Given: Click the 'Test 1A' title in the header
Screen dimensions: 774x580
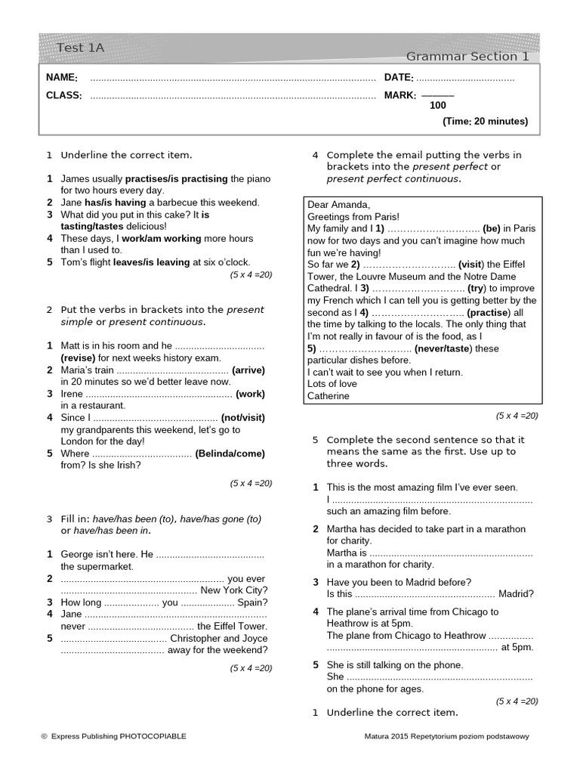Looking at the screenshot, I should (80, 48).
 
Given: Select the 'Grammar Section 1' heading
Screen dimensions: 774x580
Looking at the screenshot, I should (467, 56).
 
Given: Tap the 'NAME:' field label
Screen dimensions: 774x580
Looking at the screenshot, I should (61, 78).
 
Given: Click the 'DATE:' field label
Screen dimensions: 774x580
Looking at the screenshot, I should (399, 78).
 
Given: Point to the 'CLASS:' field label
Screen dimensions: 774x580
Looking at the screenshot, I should (63, 95).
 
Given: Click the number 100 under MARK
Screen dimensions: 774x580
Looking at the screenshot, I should (438, 106).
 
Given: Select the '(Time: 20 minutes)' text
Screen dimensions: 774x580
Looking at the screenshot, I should (486, 122).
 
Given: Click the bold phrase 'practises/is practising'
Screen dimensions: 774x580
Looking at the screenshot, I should (176, 179).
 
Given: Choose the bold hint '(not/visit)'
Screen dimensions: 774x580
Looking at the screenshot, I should (243, 417).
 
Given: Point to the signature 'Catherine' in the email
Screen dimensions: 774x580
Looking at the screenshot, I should (329, 395).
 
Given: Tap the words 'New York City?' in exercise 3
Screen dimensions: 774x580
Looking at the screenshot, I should (233, 590).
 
